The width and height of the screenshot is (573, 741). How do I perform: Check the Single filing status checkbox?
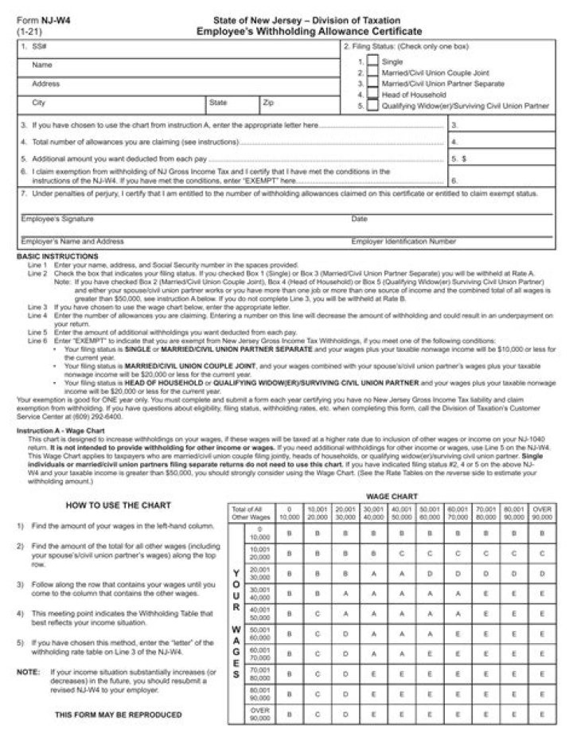tap(372, 61)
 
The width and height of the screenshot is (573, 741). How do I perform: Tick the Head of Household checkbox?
tap(372, 94)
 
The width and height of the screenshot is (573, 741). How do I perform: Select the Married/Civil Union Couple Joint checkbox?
tap(372, 72)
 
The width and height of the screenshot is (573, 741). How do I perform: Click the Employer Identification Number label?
tap(403, 240)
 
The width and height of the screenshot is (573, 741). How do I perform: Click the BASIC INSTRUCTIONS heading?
tap(57, 256)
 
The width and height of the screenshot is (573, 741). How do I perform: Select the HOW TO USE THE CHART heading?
tap(118, 505)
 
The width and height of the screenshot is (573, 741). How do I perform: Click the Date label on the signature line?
tap(359, 219)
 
